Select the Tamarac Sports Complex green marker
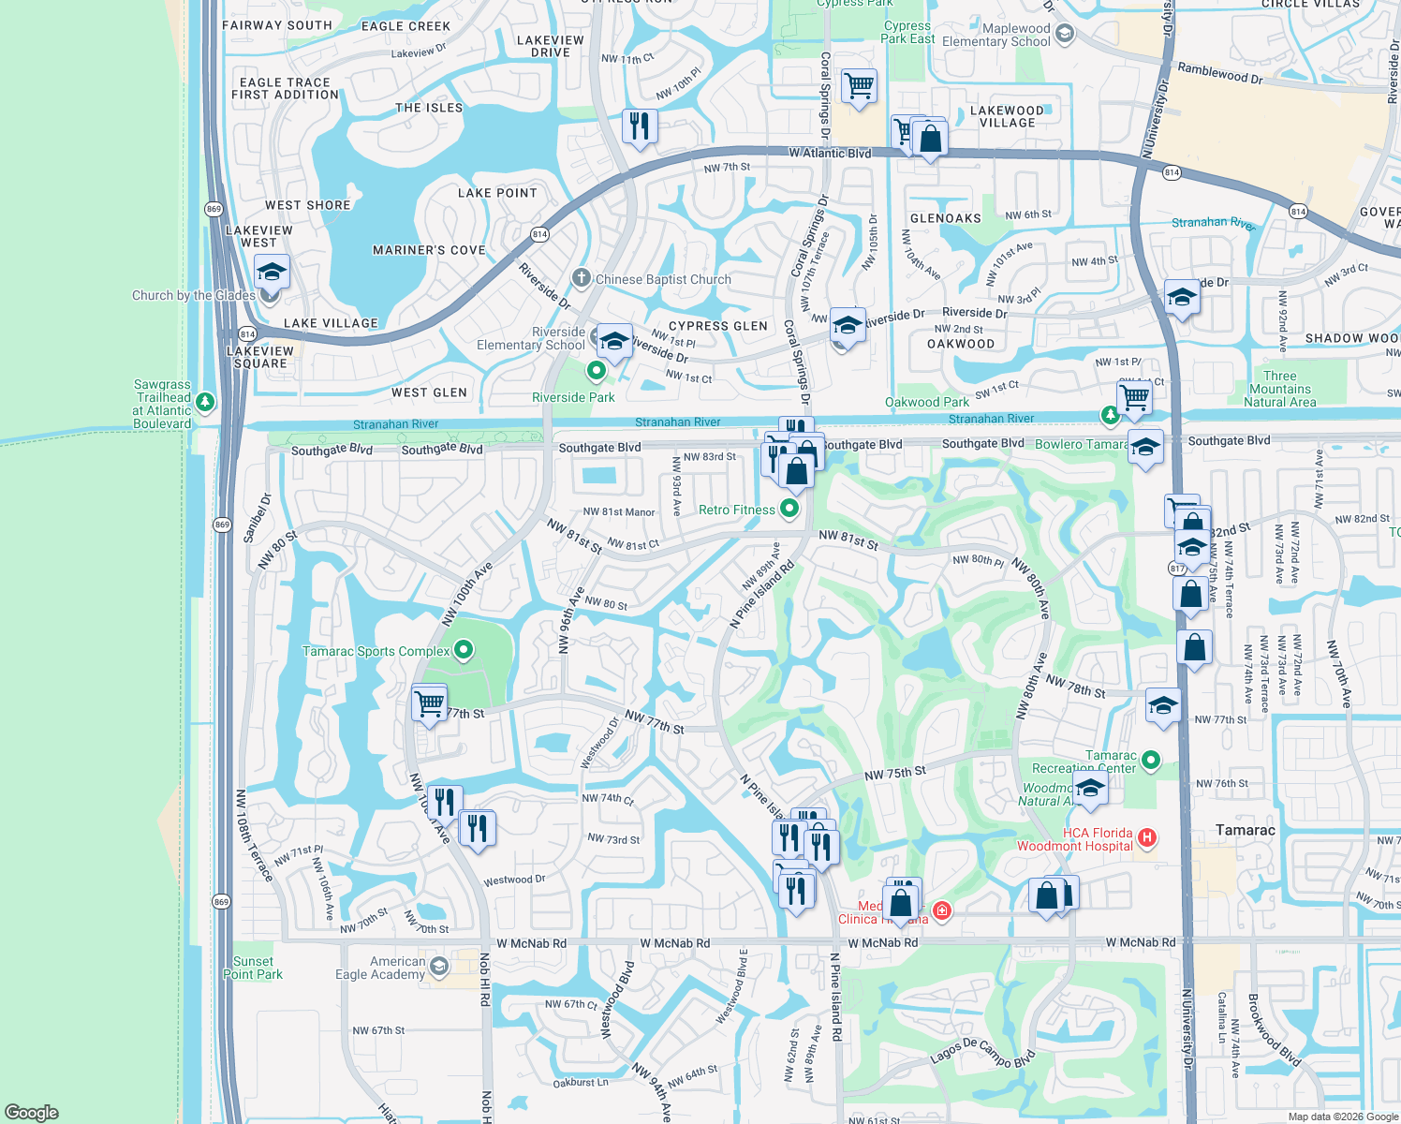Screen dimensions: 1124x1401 click(464, 650)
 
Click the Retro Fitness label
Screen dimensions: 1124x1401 click(737, 510)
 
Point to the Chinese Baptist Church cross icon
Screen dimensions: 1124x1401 click(582, 277)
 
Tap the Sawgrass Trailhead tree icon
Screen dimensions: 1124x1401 click(205, 403)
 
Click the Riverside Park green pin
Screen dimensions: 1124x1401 click(596, 372)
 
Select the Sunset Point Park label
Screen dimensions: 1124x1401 click(253, 968)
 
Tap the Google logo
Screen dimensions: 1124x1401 click(32, 1112)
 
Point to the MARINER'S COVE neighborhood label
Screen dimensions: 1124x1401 click(429, 250)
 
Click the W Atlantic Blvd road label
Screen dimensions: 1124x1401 click(830, 153)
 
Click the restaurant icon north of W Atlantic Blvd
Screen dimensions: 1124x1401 click(640, 125)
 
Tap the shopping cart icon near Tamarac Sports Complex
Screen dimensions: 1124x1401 click(429, 701)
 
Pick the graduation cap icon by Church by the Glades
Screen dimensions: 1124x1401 click(272, 272)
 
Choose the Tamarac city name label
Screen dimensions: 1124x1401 click(1245, 830)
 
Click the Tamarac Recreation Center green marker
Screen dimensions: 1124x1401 click(1151, 761)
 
